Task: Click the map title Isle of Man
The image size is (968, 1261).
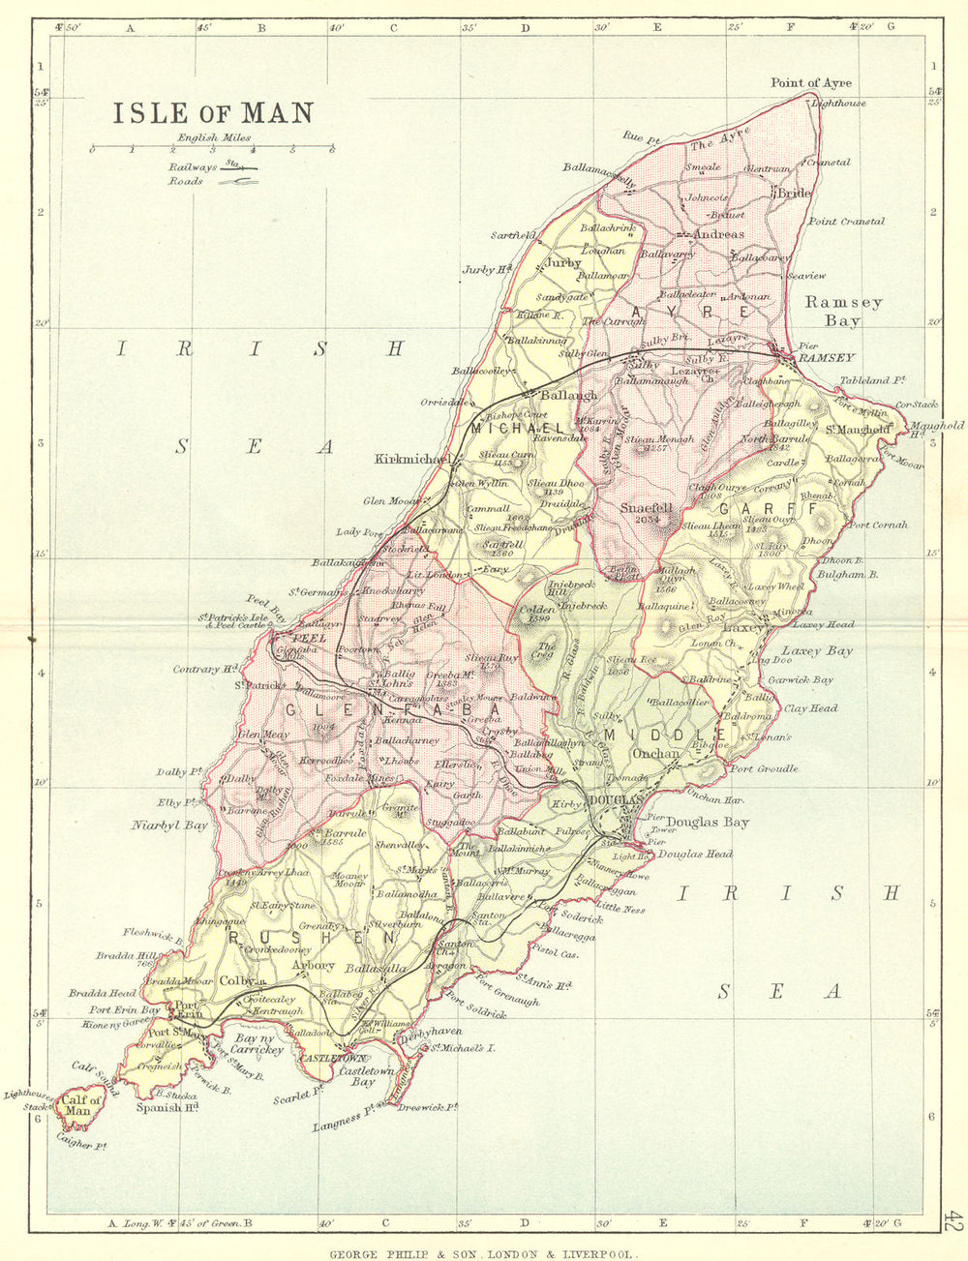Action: pyautogui.click(x=213, y=113)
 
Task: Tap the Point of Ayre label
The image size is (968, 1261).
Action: pyautogui.click(x=811, y=83)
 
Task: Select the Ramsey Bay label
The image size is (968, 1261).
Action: pyautogui.click(x=842, y=311)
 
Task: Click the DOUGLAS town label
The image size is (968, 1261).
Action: pyautogui.click(x=614, y=799)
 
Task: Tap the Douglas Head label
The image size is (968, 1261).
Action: pyautogui.click(x=695, y=854)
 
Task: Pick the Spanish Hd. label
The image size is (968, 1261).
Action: pyautogui.click(x=166, y=1107)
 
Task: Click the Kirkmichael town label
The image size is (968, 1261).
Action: pyautogui.click(x=410, y=460)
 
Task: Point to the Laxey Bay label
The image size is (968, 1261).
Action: pyautogui.click(x=817, y=651)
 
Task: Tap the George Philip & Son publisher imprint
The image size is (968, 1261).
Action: pyautogui.click(x=483, y=1252)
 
